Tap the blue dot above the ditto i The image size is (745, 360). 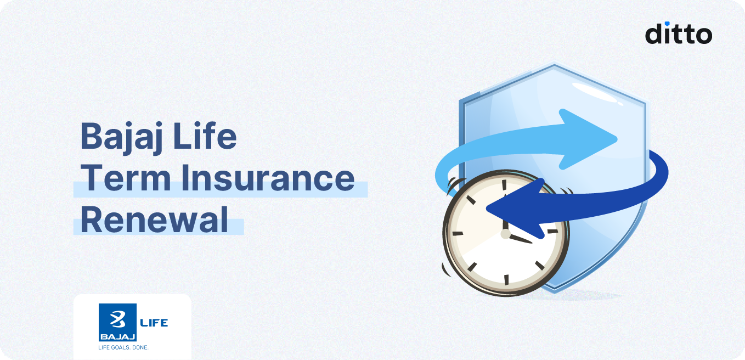[667, 24]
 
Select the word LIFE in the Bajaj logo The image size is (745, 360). [154, 322]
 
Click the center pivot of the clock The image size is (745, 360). [505, 234]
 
